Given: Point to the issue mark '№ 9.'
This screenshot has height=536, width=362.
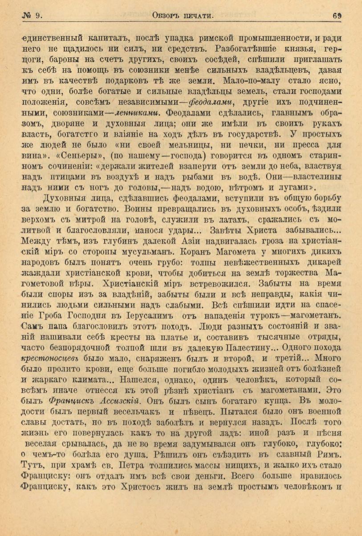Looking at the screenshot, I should click(32, 16).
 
